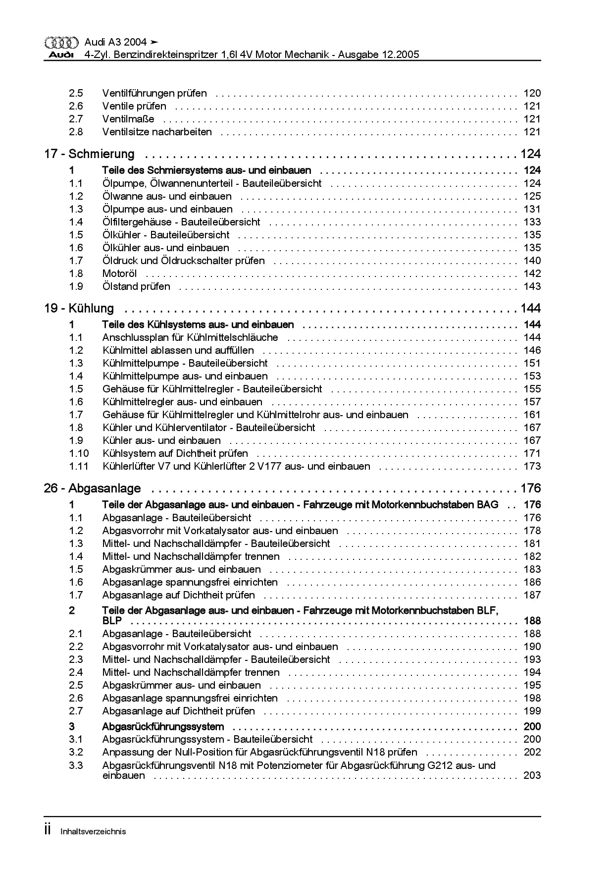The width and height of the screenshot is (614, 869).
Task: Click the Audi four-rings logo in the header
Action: [x=61, y=43]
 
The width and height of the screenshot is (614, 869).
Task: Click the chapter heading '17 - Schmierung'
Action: [x=89, y=154]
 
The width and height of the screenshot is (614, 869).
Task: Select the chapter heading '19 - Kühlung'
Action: [x=79, y=309]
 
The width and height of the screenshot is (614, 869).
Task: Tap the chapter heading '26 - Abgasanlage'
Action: [x=92, y=489]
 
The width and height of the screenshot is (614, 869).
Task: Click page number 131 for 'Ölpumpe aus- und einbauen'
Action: [x=532, y=210]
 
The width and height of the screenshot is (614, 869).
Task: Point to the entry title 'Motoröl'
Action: [x=119, y=274]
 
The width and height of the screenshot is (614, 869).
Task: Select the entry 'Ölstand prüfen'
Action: [x=136, y=287]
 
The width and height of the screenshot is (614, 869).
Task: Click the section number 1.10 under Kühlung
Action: [x=79, y=453]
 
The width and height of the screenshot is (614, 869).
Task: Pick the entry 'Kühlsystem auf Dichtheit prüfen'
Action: [x=175, y=453]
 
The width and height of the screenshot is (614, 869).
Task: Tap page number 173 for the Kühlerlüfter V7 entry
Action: [x=532, y=466]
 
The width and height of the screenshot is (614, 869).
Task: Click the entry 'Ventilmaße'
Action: [x=128, y=119]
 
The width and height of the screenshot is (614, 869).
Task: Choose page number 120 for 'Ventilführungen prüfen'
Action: [x=532, y=94]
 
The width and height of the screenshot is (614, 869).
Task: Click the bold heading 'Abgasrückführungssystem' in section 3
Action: [x=163, y=727]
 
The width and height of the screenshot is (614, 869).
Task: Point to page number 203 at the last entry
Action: [x=532, y=776]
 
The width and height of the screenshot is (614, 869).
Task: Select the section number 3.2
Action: [x=76, y=753]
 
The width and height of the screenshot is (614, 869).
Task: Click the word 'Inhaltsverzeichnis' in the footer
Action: [x=93, y=832]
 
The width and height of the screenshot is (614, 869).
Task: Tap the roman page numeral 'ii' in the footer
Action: [x=48, y=830]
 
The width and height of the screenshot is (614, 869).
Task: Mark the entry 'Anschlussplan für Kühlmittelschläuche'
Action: [x=190, y=338]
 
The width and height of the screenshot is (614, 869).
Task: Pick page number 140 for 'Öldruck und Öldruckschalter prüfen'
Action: [x=532, y=261]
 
